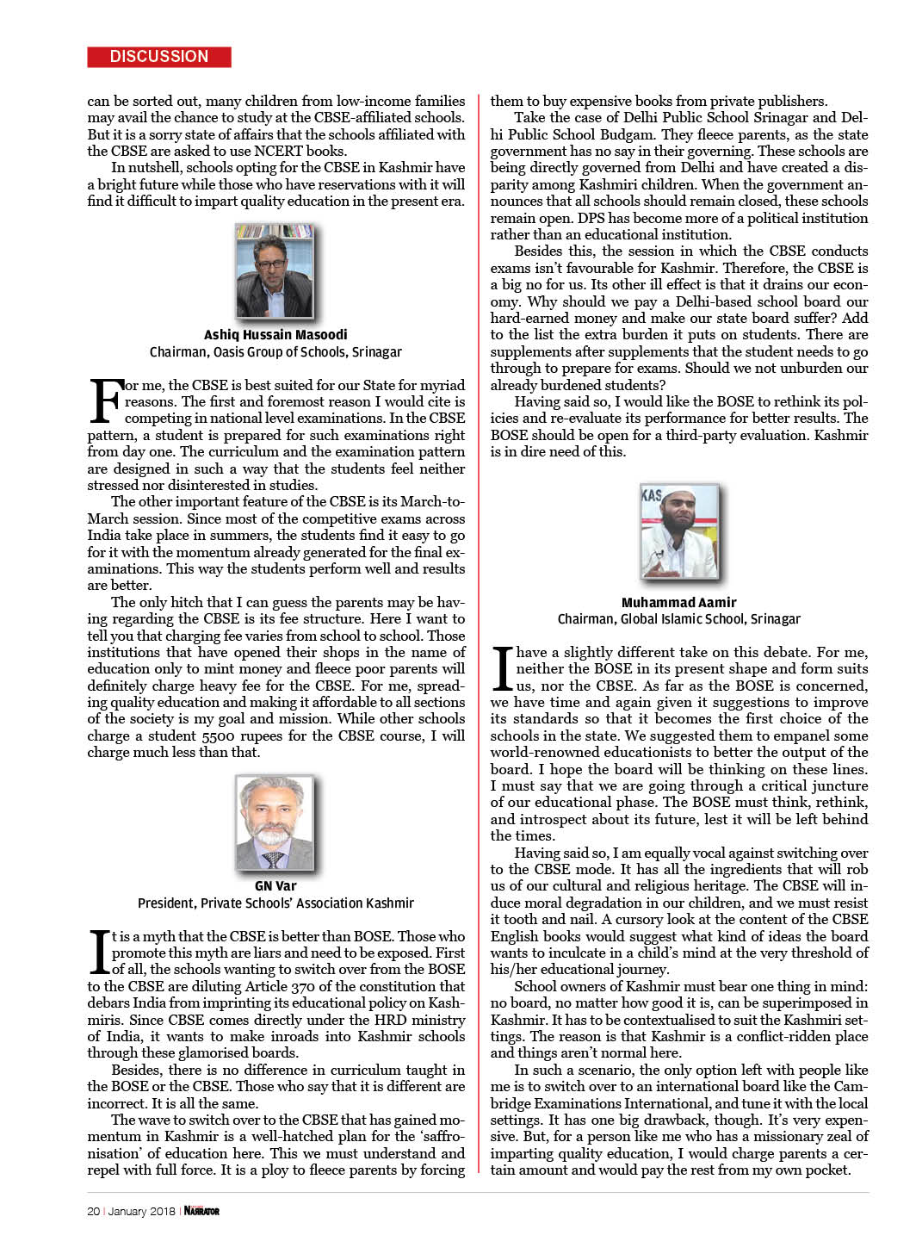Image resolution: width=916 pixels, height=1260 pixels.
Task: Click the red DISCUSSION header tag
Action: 159,57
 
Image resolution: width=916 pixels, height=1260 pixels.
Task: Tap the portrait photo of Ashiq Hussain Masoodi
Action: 275,270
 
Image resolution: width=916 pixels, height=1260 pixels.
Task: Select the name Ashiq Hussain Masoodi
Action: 275,334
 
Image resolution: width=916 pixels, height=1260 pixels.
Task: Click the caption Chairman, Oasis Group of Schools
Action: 275,351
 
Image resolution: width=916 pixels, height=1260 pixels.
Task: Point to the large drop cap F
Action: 105,401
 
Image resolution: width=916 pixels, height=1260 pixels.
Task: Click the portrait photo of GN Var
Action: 275,822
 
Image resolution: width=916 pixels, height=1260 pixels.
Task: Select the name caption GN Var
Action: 275,885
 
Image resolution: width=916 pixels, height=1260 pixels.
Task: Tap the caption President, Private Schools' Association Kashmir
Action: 275,903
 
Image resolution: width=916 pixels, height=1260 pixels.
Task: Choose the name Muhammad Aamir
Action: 678,602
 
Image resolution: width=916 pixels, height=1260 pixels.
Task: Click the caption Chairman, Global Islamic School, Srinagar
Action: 678,618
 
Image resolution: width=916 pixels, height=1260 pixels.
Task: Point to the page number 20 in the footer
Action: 93,1211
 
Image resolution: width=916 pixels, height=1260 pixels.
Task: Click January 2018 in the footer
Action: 141,1211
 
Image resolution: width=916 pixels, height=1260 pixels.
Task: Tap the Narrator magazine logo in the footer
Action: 201,1211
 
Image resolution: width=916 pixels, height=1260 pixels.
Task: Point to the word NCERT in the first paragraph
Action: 279,151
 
